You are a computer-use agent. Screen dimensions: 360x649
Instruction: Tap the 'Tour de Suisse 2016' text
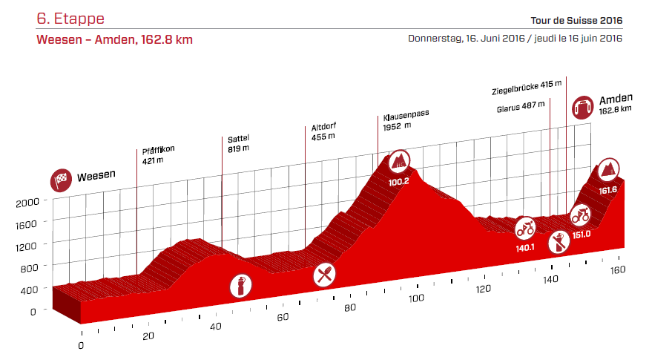point(576,20)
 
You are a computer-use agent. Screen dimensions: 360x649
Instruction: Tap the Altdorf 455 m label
point(323,131)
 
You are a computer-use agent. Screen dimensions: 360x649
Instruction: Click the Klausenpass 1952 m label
point(406,121)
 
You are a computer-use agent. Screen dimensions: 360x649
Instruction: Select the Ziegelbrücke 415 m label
point(526,91)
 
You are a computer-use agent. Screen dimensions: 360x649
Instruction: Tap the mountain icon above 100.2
point(399,160)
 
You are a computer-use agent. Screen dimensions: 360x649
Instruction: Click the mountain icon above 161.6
point(609,170)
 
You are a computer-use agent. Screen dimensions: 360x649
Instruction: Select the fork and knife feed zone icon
point(323,275)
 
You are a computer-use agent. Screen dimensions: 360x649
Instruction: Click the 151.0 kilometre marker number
point(581,235)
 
